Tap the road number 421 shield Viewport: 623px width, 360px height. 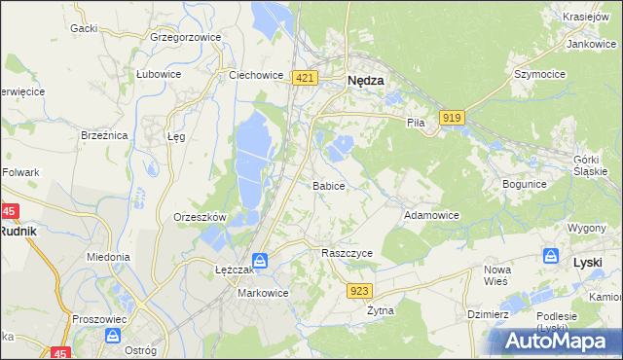pyautogui.click(x=305, y=78)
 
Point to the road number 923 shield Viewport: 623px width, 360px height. pyautogui.click(x=360, y=290)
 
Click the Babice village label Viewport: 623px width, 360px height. pyautogui.click(x=328, y=185)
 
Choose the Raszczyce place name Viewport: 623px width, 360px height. pyautogui.click(x=348, y=252)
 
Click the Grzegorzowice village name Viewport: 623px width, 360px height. pyautogui.click(x=186, y=38)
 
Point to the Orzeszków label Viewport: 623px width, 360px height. pyautogui.click(x=200, y=217)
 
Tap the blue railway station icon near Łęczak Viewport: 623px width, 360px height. pyautogui.click(x=261, y=261)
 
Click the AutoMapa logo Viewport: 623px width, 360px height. pyautogui.click(x=554, y=341)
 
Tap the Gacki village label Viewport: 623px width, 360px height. pyautogui.click(x=84, y=28)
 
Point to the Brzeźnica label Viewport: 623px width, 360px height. pyautogui.click(x=105, y=135)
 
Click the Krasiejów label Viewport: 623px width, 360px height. pyautogui.click(x=587, y=17)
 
